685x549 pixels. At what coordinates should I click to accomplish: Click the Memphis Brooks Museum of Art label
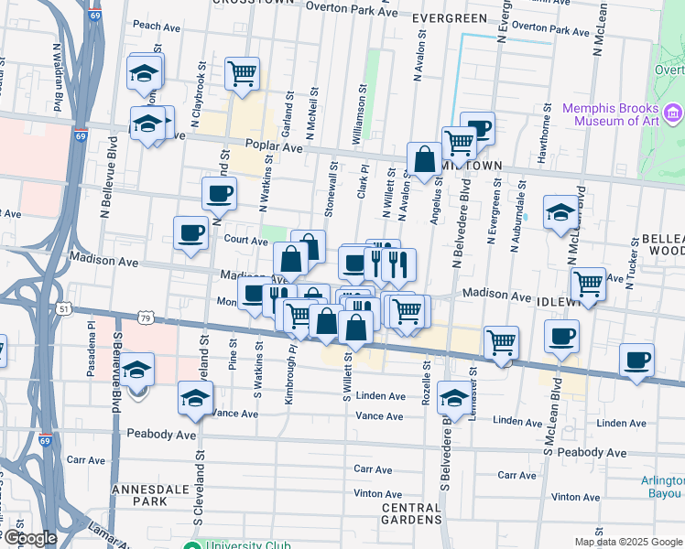[611, 113]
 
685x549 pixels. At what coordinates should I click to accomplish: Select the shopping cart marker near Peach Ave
[242, 73]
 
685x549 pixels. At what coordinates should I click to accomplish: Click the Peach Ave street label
[153, 25]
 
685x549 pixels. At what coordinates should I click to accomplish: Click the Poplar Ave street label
[274, 145]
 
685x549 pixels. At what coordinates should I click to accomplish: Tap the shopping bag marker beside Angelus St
[425, 160]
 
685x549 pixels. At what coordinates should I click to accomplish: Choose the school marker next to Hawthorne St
[560, 213]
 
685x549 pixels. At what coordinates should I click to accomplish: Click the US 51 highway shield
[62, 309]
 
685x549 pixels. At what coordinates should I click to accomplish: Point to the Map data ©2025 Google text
[627, 542]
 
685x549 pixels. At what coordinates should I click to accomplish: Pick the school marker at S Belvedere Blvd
[454, 397]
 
